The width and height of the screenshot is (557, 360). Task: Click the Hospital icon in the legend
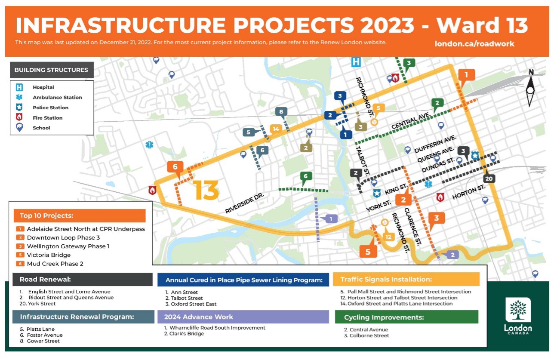(x=19, y=87)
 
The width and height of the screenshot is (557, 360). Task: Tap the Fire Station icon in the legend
(x=19, y=117)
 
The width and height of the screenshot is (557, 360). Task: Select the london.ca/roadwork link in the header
(x=474, y=44)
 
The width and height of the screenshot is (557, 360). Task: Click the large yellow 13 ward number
(x=206, y=190)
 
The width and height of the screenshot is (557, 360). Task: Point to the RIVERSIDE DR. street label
(x=244, y=203)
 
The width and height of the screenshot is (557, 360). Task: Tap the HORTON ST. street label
(x=468, y=192)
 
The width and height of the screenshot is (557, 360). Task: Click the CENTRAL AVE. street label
(x=410, y=120)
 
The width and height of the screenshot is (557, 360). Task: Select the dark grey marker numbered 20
(x=489, y=178)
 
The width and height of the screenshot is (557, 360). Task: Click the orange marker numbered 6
(x=175, y=167)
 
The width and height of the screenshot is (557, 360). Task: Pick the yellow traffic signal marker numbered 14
(x=276, y=129)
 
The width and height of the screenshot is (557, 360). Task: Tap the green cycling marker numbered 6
(x=306, y=176)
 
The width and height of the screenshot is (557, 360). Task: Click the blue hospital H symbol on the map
(x=356, y=62)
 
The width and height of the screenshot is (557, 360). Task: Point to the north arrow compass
(x=530, y=88)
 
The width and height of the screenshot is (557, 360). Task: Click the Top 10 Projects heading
(x=46, y=215)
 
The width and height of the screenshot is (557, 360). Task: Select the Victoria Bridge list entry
(x=49, y=255)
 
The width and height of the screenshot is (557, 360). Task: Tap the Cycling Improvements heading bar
(x=406, y=317)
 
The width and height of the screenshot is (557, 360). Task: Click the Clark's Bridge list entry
(x=184, y=334)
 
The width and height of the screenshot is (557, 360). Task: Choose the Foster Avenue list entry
(x=41, y=335)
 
